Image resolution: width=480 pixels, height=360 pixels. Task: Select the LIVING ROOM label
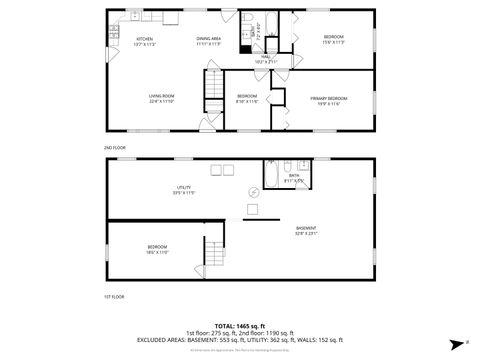click(162, 98)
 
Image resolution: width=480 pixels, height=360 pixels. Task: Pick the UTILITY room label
click(185, 188)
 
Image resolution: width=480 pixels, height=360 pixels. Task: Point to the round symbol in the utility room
click(253, 193)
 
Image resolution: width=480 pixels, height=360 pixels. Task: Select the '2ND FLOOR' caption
click(115, 146)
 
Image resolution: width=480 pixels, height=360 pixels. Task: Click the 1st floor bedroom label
click(157, 249)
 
